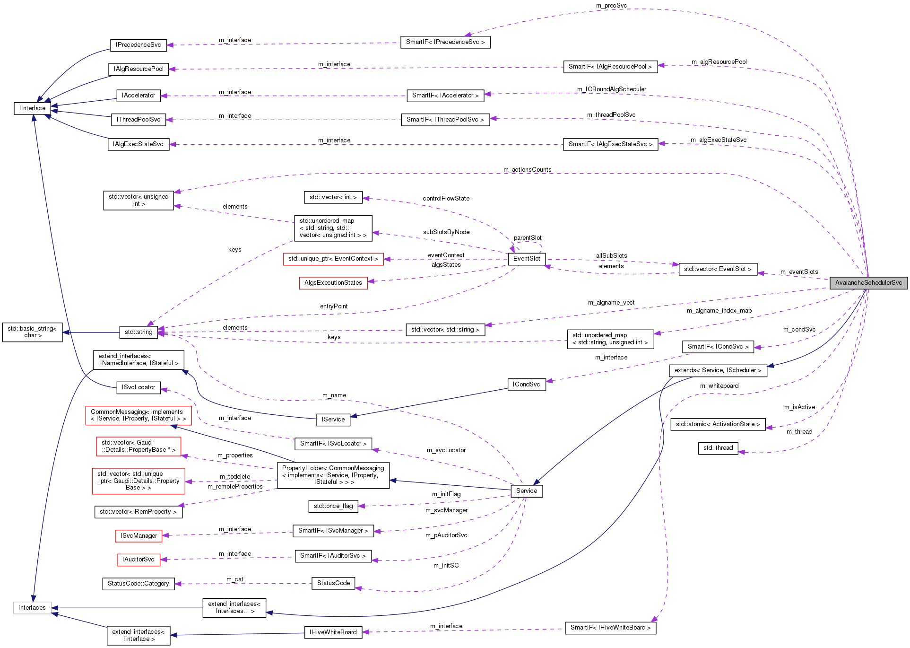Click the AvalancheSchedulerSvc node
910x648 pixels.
[x=868, y=283]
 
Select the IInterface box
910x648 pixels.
[x=32, y=108]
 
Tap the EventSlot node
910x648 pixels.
[x=526, y=259]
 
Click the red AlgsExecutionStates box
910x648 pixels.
[x=333, y=283]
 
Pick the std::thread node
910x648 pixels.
[x=718, y=448]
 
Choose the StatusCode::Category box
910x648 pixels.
[x=138, y=584]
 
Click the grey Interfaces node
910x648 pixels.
[x=32, y=608]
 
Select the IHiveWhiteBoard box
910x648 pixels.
[x=333, y=632]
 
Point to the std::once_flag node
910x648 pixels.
[x=333, y=506]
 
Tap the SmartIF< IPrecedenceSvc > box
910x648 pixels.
[x=445, y=42]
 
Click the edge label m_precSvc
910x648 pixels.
[x=611, y=6]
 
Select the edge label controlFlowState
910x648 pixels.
[x=446, y=199]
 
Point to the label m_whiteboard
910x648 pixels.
[x=719, y=386]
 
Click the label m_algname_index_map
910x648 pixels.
[x=719, y=311]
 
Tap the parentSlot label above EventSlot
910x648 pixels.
[x=527, y=238]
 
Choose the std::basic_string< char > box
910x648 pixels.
[x=32, y=332]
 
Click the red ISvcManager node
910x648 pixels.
[x=138, y=536]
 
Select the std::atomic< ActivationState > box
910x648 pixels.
[x=717, y=424]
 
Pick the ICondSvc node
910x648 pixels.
[x=526, y=385]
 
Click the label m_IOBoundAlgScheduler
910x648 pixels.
[x=611, y=89]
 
